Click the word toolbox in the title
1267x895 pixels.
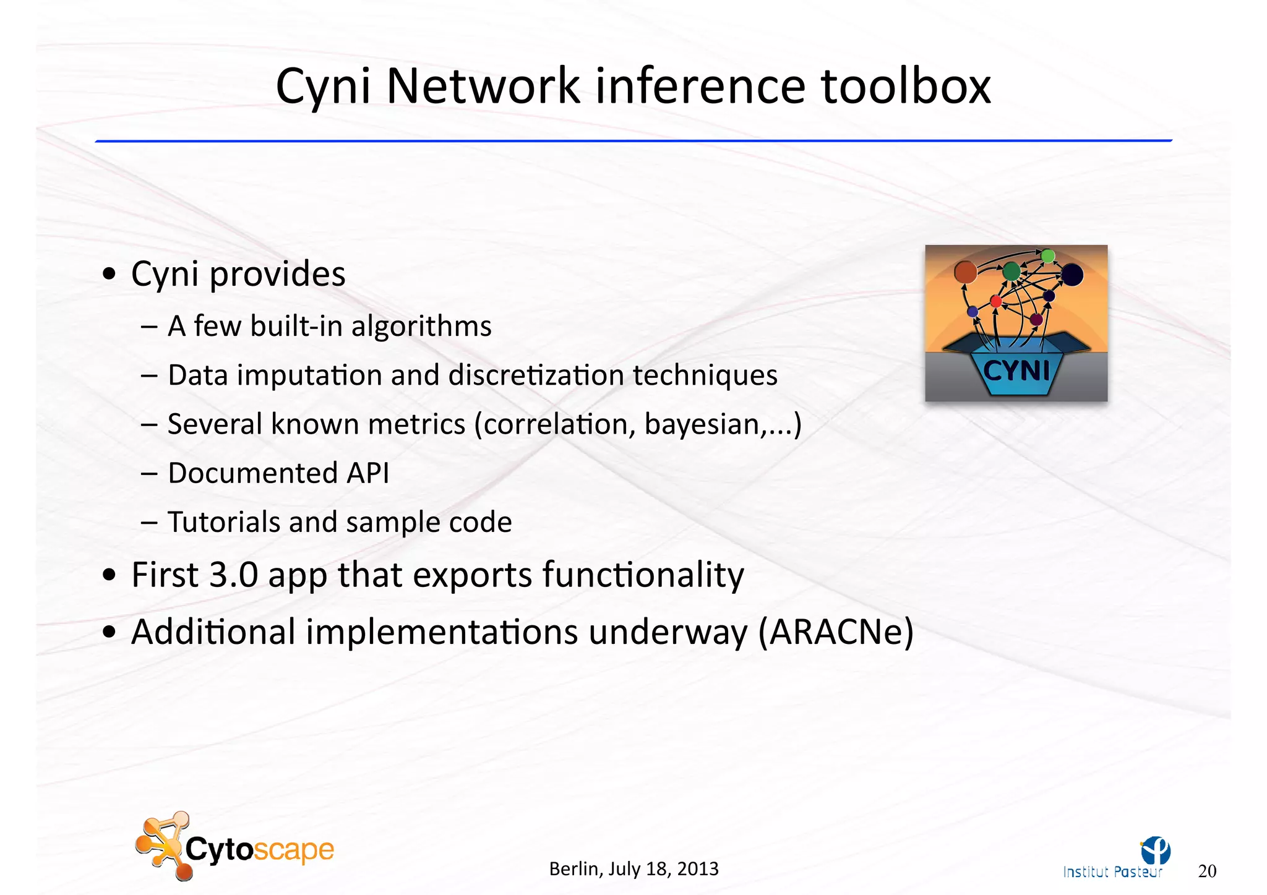[x=906, y=86]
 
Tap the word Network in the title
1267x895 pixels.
[x=483, y=86]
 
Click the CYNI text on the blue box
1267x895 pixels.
[x=1016, y=371]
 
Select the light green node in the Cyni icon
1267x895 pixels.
[x=1048, y=255]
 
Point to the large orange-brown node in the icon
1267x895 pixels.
[x=965, y=272]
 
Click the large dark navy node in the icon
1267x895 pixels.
[x=1072, y=275]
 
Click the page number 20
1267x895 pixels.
[x=1207, y=871]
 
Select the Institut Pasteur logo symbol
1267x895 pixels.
[x=1156, y=850]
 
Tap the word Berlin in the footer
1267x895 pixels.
[x=574, y=869]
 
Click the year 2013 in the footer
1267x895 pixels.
[x=697, y=869]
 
